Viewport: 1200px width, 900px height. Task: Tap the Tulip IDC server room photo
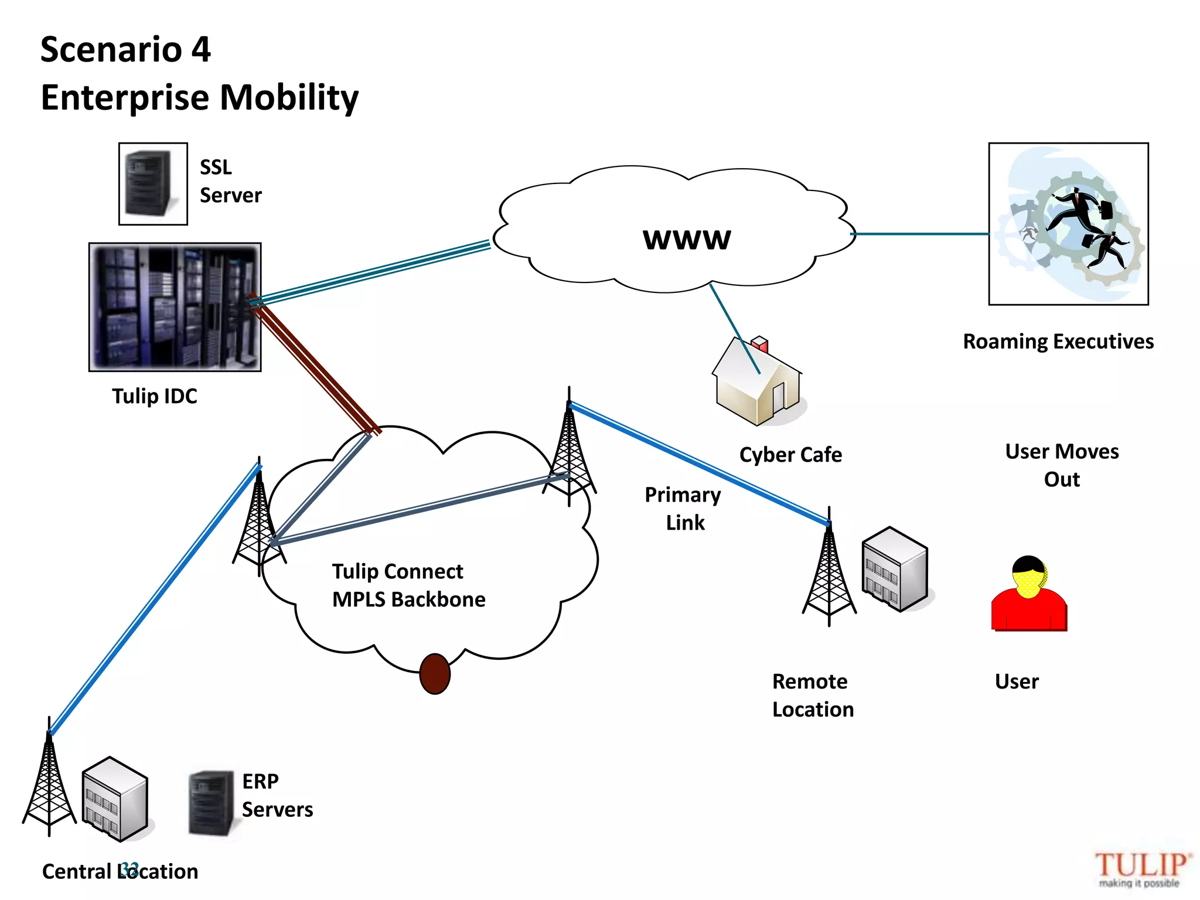pos(175,307)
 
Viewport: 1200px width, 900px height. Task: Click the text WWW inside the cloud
pos(687,239)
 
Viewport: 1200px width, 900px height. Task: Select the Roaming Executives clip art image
pos(1068,224)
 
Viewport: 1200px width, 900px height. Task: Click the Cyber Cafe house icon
pos(758,384)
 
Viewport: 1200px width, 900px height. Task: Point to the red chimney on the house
pos(760,342)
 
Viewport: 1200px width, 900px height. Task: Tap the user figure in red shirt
pos(1029,595)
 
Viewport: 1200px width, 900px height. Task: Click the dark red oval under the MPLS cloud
pos(435,674)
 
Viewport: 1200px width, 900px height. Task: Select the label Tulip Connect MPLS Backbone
pos(408,585)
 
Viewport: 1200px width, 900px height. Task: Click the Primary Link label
pos(683,508)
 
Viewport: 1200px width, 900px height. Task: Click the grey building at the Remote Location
pos(895,569)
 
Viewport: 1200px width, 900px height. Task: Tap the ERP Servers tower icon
pos(211,803)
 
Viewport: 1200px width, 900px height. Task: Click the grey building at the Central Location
pos(114,799)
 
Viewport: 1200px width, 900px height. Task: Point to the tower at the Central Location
pos(49,782)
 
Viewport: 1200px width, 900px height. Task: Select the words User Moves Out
pos(1062,465)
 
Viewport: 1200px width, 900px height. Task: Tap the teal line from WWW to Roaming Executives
pos(920,234)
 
